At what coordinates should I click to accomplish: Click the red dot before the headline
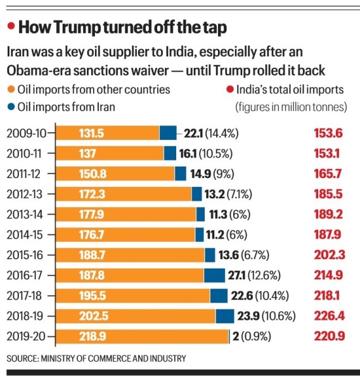[11, 27]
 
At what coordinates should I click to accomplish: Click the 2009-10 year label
[26, 133]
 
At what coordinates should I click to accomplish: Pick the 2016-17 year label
[26, 275]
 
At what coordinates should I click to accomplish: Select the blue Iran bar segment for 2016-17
[214, 275]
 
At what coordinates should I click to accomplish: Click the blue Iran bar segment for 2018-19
[224, 316]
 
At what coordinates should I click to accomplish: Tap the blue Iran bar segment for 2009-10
[167, 133]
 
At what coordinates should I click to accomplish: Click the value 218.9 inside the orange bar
[92, 336]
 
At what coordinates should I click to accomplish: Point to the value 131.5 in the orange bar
[91, 133]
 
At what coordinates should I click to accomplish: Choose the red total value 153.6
[328, 133]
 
